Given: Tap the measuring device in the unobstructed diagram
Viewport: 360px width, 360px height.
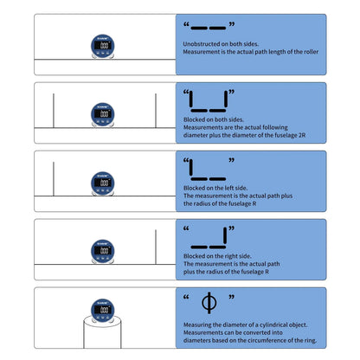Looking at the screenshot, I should [103, 45].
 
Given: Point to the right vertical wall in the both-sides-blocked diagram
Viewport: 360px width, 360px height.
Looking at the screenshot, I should [156, 108].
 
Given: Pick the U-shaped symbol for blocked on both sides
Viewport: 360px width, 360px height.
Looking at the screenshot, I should [208, 102].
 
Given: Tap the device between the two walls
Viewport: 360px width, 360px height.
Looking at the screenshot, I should [103, 114].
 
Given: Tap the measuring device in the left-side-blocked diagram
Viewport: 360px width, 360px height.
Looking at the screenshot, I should [103, 183].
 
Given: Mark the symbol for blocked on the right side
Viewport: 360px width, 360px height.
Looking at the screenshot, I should [208, 235].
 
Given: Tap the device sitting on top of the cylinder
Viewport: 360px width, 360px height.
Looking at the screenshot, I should [103, 310].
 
